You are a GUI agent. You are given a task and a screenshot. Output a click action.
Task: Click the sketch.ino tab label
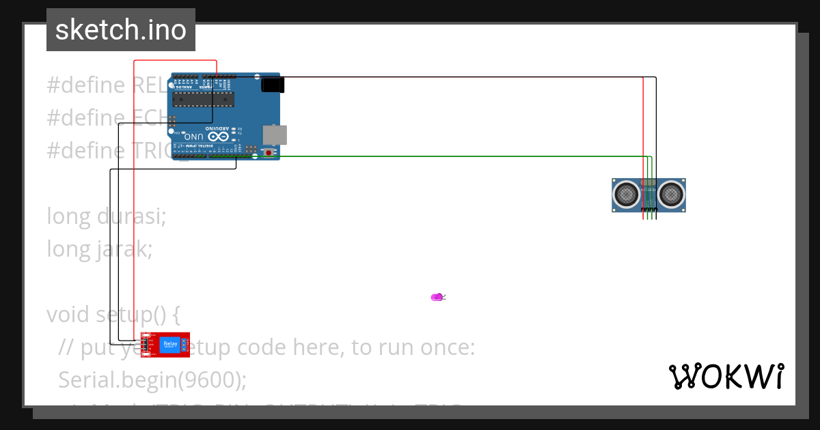click(120, 30)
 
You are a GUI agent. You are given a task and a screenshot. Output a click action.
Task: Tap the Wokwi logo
click(726, 376)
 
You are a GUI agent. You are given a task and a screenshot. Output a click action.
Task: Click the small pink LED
click(437, 297)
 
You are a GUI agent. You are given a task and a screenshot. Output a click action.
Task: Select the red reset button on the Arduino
click(269, 153)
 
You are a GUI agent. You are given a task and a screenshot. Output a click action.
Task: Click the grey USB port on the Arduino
click(275, 134)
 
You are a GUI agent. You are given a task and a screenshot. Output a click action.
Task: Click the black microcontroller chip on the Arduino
click(202, 100)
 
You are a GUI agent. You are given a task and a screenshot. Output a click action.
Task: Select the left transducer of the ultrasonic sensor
click(625, 195)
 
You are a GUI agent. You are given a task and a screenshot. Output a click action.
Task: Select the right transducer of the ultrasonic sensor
click(671, 195)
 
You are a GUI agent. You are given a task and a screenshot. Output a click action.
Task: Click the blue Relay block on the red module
click(169, 345)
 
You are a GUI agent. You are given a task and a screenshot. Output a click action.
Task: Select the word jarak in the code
click(124, 249)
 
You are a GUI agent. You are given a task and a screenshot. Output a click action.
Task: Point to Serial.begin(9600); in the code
click(152, 379)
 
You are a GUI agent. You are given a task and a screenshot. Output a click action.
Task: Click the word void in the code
click(68, 315)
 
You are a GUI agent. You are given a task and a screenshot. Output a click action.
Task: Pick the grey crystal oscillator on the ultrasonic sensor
click(648, 183)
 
